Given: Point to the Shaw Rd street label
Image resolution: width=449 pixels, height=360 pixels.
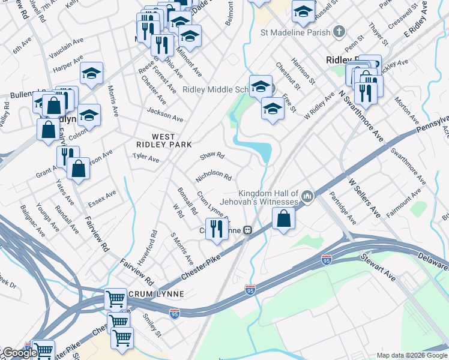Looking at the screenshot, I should pos(212,156).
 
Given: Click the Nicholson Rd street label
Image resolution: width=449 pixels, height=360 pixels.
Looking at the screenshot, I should pos(214,176).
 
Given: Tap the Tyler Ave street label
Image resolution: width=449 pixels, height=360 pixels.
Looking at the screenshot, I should pos(146,158).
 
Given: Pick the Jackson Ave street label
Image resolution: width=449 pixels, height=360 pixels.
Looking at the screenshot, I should pos(165,114).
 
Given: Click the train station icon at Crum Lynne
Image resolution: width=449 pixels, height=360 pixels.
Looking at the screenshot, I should pos(247,230).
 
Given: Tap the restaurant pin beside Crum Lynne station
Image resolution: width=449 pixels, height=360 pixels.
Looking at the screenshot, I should pos(217,229).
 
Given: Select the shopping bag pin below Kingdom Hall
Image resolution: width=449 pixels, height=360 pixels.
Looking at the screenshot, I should pos(284,219).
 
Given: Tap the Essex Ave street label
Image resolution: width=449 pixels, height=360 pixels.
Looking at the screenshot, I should pos(102,197).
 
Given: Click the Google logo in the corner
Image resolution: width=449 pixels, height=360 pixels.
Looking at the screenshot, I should pos(19,353).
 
